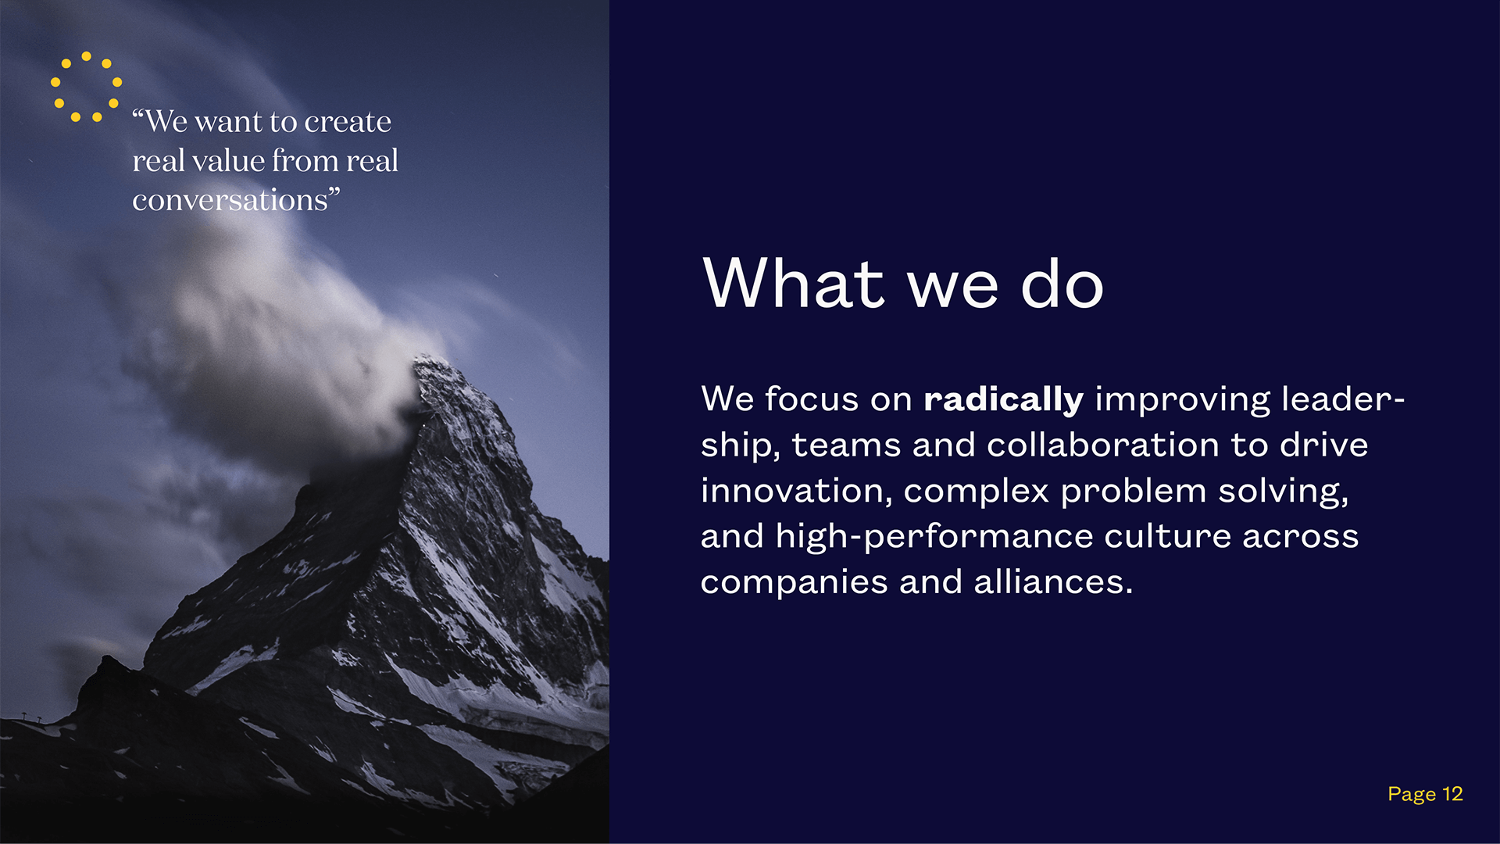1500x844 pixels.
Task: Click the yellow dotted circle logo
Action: pos(86,87)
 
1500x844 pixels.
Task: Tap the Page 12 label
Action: pos(1425,795)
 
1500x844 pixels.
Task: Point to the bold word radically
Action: pos(1003,399)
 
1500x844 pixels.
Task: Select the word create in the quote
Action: pos(348,122)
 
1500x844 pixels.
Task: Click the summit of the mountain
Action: pos(427,359)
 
